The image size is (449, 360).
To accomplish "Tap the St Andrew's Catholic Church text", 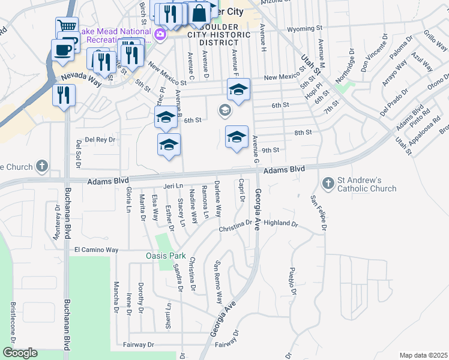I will (x=368, y=184).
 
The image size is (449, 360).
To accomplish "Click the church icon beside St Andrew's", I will (x=328, y=182).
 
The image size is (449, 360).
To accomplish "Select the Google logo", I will (x=20, y=353).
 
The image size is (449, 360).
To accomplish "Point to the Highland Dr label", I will (x=281, y=223).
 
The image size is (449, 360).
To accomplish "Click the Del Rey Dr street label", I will (x=100, y=139).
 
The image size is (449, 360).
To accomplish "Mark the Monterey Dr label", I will (x=58, y=223).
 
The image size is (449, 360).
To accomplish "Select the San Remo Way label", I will (x=218, y=281).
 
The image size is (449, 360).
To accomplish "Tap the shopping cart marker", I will (x=67, y=26).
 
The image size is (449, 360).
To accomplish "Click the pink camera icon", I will (x=160, y=35).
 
